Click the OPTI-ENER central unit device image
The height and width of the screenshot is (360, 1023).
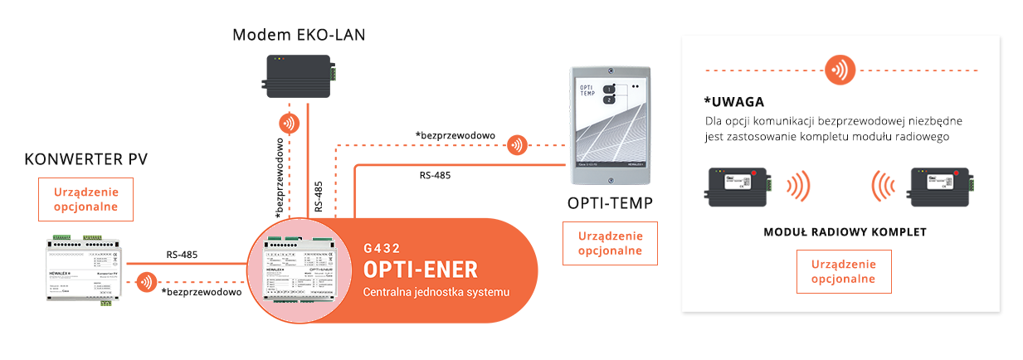tap(300, 271)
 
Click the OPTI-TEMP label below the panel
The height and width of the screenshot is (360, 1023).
tap(609, 204)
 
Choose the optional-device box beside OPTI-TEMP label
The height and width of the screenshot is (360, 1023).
tap(609, 243)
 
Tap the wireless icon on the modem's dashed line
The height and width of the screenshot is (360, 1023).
tap(289, 125)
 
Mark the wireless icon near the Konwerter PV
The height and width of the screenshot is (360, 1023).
tap(147, 282)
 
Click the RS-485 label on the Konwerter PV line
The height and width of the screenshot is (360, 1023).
tap(181, 255)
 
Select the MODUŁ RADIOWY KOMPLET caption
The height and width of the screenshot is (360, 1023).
tap(845, 232)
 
